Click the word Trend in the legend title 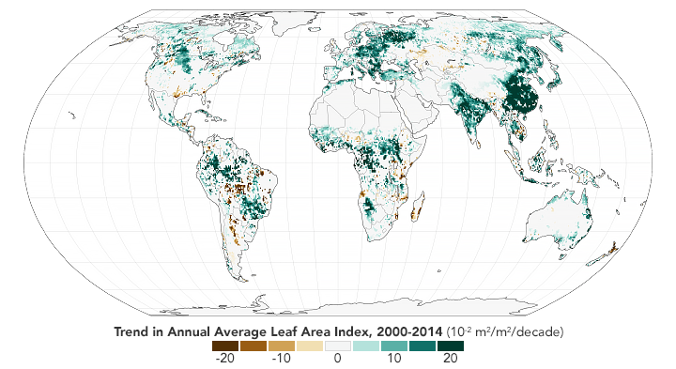point(133,332)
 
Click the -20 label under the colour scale point(224,359)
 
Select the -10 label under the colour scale point(282,359)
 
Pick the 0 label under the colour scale point(338,359)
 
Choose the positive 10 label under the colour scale point(393,359)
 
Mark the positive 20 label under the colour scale point(450,359)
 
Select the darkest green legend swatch point(450,346)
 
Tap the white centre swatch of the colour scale point(338,346)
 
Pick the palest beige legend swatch point(310,346)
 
